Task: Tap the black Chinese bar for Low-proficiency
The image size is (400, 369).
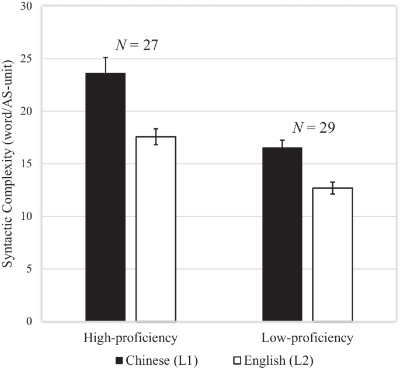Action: (x=282, y=234)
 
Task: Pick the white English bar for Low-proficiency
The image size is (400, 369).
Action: (x=332, y=254)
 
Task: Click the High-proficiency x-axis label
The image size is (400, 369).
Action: (x=131, y=339)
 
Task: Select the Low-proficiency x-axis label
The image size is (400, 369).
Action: (x=307, y=339)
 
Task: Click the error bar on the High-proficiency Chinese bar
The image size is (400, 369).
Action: (x=106, y=65)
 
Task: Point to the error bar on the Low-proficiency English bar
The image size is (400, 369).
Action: (x=332, y=188)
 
